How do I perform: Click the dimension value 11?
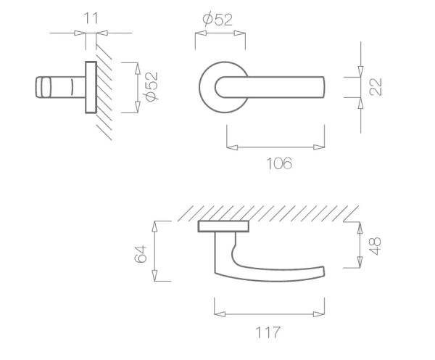(x=91, y=18)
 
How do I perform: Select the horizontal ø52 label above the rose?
(x=217, y=20)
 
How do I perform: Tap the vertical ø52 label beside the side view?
(x=152, y=86)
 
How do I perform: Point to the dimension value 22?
(x=376, y=87)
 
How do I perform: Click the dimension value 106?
(x=279, y=163)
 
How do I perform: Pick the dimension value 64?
(x=140, y=253)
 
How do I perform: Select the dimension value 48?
(x=375, y=246)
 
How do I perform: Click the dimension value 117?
(x=268, y=332)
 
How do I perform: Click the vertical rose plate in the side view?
(x=91, y=87)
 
